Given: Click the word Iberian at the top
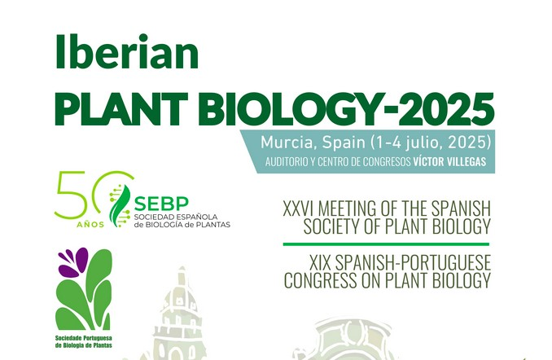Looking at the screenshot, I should point(126,54).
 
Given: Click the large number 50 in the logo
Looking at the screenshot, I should point(90,195).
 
